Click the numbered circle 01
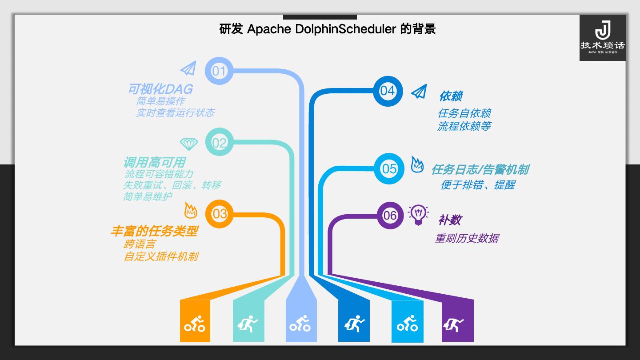click(x=219, y=71)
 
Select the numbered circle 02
click(x=219, y=143)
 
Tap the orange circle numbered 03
click(x=220, y=214)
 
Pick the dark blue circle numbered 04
click(x=387, y=91)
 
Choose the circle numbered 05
click(x=389, y=168)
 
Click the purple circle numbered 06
click(x=390, y=216)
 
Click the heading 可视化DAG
click(x=160, y=89)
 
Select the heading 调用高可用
click(x=154, y=162)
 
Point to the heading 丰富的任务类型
click(x=154, y=231)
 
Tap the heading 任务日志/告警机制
click(x=480, y=169)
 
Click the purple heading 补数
click(x=449, y=220)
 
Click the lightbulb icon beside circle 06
click(x=418, y=215)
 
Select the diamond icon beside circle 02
click(x=188, y=144)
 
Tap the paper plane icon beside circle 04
click(x=419, y=92)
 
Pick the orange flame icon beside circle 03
click(x=190, y=210)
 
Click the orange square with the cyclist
click(x=195, y=321)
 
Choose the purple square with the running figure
click(x=457, y=321)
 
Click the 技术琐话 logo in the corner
click(x=602, y=38)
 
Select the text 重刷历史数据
click(x=466, y=238)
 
